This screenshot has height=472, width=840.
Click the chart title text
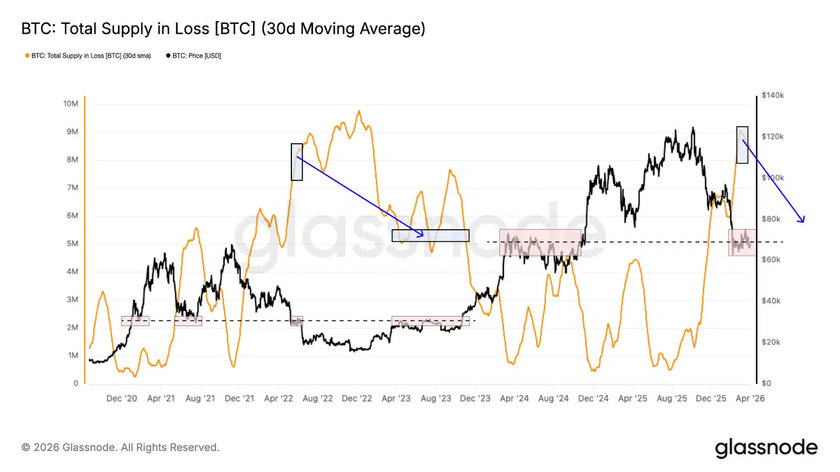(x=223, y=28)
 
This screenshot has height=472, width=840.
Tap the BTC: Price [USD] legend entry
(x=194, y=56)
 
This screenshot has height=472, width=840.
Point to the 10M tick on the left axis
(x=71, y=104)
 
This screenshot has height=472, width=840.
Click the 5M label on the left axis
(x=72, y=244)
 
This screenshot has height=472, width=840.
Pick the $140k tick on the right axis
(x=772, y=95)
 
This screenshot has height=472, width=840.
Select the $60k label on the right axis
(x=771, y=260)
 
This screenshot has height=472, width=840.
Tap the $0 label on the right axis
(x=766, y=383)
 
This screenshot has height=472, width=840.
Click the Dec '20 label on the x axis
(x=121, y=399)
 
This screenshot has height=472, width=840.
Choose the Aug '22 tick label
(x=318, y=399)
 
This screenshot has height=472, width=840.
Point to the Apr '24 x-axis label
(x=514, y=399)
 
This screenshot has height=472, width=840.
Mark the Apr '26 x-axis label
(x=750, y=399)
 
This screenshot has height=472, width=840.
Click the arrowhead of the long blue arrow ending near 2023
(x=422, y=235)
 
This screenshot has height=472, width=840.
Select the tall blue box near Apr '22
(x=297, y=162)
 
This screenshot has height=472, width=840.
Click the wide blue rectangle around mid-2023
(x=430, y=235)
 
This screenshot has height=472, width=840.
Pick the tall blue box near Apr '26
(x=742, y=145)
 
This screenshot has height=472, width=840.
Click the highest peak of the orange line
(x=359, y=111)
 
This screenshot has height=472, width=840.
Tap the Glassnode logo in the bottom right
(x=766, y=448)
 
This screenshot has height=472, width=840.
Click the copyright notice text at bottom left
(x=120, y=447)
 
